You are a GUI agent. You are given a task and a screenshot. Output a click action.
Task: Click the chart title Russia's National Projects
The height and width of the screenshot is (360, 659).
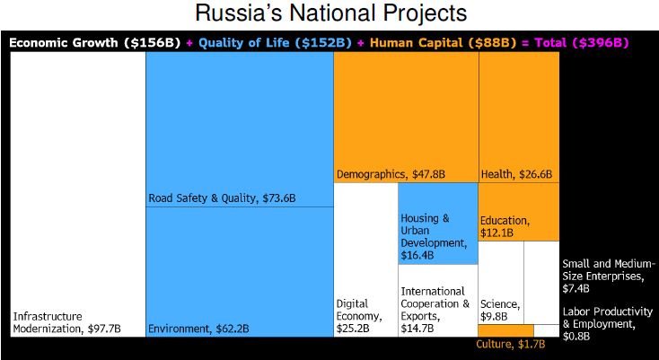[330, 13]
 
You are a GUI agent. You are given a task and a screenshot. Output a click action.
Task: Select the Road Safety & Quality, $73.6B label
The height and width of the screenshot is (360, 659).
[222, 198]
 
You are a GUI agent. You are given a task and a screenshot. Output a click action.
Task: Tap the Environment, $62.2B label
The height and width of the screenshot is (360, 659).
[198, 329]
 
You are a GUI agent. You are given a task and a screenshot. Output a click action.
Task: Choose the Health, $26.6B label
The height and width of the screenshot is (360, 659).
[516, 174]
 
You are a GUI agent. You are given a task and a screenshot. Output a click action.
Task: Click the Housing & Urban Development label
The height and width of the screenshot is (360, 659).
[433, 237]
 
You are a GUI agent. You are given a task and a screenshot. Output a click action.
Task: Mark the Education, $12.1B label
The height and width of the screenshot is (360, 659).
[505, 227]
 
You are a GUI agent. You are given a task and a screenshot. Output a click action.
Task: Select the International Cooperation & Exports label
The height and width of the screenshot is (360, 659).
[435, 310]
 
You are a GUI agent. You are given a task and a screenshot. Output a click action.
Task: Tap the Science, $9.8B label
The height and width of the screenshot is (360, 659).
[500, 310]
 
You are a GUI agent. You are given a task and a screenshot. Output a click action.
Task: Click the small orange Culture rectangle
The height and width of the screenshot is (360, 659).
[505, 330]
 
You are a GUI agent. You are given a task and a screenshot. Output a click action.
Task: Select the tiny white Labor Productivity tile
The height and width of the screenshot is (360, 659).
[546, 330]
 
